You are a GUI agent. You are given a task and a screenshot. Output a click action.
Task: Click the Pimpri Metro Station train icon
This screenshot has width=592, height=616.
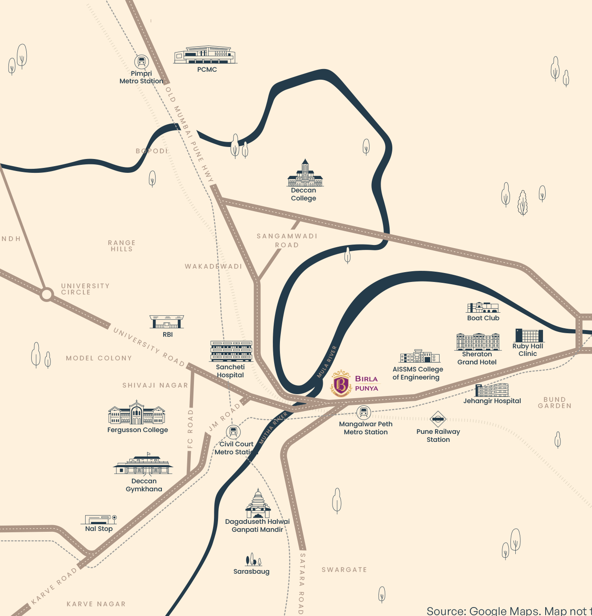tap(141, 61)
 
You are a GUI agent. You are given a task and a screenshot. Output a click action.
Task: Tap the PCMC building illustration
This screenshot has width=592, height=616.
tap(206, 55)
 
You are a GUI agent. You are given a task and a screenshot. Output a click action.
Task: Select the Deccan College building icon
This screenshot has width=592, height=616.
tap(305, 174)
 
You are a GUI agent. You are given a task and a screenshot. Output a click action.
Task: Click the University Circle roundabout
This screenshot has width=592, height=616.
tap(46, 294)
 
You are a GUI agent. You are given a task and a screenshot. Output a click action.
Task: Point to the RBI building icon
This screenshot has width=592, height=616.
tap(167, 322)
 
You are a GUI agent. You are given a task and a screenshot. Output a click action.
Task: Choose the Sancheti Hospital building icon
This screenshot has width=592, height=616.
tap(231, 351)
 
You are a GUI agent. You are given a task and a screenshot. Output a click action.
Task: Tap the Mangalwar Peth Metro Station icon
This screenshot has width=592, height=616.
tap(363, 412)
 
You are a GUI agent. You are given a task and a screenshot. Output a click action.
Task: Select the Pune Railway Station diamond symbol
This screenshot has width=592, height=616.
tap(438, 419)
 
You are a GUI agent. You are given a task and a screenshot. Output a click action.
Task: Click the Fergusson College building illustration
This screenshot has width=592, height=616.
tap(137, 413)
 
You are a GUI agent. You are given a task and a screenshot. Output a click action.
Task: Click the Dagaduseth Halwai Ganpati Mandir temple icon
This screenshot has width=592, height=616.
tap(258, 504)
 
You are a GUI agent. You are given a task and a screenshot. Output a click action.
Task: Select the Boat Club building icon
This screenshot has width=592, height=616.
tap(483, 307)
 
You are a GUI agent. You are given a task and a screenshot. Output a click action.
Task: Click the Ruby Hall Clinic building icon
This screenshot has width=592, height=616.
tap(529, 335)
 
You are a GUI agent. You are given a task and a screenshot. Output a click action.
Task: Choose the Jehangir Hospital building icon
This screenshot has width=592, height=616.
tap(492, 390)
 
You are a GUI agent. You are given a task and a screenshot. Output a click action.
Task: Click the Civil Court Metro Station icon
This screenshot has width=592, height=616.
tap(233, 432)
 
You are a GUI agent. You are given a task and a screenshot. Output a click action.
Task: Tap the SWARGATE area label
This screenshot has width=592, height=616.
tap(344, 570)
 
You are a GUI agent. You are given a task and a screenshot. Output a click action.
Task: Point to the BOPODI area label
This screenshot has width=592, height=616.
tap(152, 151)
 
